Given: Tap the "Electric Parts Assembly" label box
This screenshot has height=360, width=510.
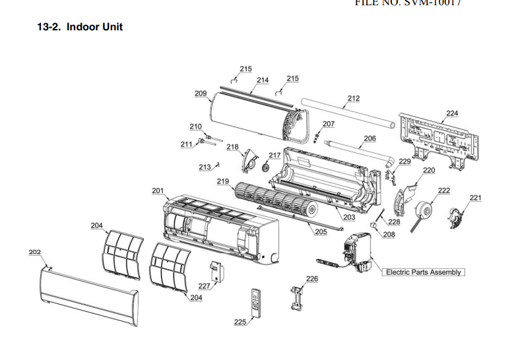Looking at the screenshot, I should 424,272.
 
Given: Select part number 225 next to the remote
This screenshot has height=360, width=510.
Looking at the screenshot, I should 240,322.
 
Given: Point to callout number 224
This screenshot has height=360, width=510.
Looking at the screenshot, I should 451,113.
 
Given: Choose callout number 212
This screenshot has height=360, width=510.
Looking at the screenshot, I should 354,99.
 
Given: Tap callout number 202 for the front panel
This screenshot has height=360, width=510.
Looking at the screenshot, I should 35,252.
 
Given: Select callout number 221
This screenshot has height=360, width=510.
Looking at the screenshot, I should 476,198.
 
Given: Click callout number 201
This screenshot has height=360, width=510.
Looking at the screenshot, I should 158,191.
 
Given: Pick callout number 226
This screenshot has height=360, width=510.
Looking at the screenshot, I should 312,279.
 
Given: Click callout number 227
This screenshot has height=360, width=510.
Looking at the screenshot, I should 205,286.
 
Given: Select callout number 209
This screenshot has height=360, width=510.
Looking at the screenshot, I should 201,94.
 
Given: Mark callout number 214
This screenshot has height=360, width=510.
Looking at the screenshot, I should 263,80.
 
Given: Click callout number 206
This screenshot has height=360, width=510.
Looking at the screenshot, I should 369,138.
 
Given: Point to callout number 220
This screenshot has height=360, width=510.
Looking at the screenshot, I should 429,170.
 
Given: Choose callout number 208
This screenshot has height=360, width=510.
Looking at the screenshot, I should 389,234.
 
